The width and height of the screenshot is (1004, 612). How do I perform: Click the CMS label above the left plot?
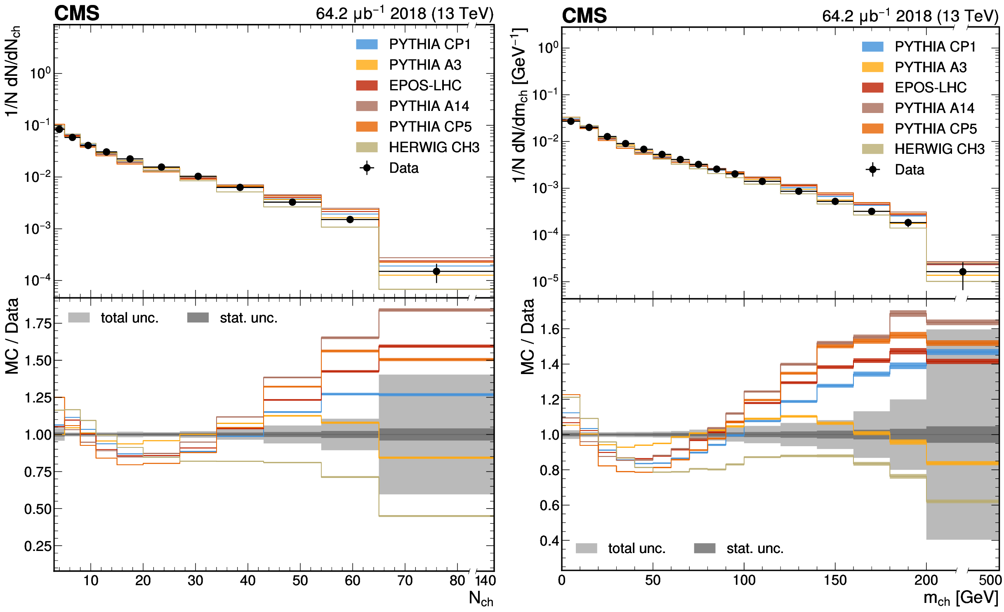(x=77, y=14)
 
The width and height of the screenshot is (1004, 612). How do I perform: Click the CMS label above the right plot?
(x=584, y=16)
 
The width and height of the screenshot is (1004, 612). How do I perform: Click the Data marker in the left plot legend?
(x=367, y=168)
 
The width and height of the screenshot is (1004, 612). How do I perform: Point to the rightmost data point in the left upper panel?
(x=436, y=271)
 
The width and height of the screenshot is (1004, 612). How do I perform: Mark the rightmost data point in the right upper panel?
(x=963, y=272)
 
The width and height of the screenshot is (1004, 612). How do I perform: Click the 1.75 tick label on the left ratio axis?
(x=38, y=323)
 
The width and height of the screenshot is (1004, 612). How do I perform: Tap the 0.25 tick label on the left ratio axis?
(x=38, y=546)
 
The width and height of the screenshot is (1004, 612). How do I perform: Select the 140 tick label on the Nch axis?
(x=485, y=581)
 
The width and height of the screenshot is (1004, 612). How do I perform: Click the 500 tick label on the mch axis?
(x=990, y=580)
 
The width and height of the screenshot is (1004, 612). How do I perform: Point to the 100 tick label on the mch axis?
(x=744, y=580)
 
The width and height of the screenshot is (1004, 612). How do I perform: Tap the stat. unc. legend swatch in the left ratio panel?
(x=198, y=318)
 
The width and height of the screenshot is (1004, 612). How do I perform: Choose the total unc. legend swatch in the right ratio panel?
(x=586, y=548)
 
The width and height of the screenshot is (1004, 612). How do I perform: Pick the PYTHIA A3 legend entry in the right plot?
(x=930, y=67)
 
